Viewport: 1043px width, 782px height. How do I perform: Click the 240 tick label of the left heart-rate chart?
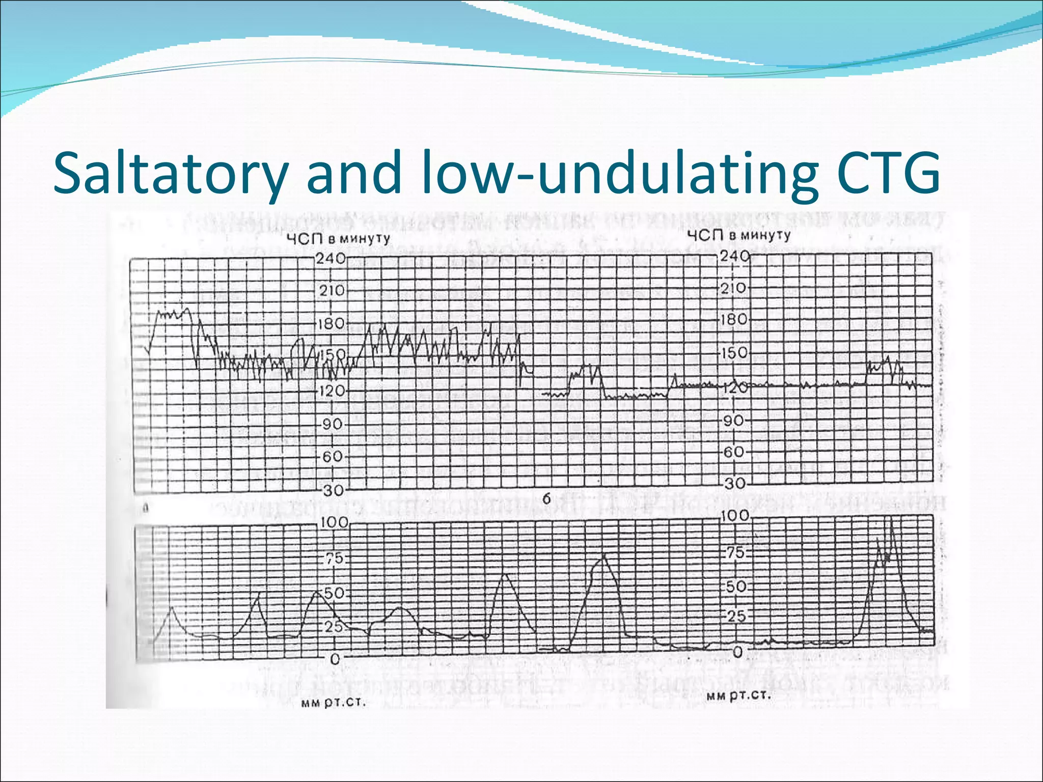pos(331,259)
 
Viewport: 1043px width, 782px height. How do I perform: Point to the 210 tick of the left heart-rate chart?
pos(332,291)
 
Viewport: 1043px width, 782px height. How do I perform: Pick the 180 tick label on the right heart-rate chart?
pos(734,320)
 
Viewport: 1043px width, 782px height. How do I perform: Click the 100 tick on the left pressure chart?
pos(334,522)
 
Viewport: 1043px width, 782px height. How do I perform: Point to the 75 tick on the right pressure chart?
pos(735,553)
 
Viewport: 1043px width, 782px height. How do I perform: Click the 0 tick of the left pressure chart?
pos(335,659)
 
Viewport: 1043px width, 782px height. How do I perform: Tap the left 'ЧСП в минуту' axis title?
pos(338,239)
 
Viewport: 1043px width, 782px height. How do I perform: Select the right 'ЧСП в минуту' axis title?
pos(738,235)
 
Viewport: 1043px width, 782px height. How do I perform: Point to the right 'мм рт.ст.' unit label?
pos(738,696)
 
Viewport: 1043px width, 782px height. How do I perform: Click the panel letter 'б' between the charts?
pos(546,499)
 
